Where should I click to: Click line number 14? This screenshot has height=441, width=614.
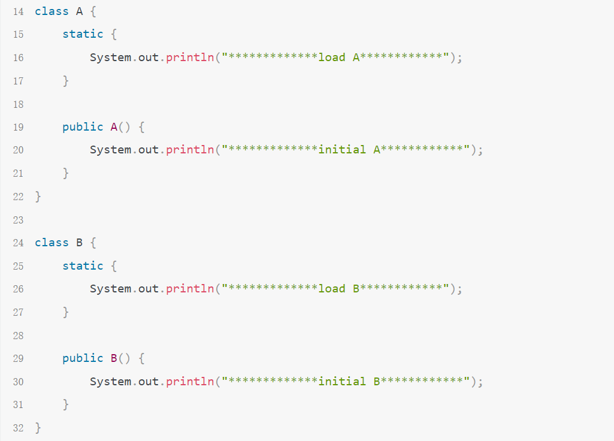click(17, 11)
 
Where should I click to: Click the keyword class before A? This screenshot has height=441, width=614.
click(52, 11)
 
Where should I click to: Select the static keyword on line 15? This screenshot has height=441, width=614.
click(83, 34)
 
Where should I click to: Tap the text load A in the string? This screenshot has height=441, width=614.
click(338, 58)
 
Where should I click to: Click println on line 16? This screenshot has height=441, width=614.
click(190, 58)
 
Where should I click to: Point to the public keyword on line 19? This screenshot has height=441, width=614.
click(83, 126)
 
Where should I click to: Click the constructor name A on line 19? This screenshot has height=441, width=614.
click(114, 126)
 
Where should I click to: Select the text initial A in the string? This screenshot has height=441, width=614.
click(349, 150)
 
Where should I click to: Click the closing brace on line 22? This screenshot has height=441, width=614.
click(38, 197)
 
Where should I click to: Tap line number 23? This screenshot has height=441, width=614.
click(17, 220)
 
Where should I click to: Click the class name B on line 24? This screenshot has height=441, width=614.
click(80, 243)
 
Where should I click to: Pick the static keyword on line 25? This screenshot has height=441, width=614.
click(83, 265)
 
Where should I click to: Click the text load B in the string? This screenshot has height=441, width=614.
click(338, 289)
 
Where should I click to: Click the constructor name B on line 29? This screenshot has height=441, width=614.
click(114, 358)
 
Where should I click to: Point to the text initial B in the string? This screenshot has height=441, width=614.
click(349, 382)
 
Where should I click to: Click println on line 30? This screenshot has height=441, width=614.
click(190, 382)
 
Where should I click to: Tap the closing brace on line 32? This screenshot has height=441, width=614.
click(38, 428)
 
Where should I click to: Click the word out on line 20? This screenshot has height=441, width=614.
click(149, 150)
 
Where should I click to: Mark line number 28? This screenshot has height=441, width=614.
click(17, 336)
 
